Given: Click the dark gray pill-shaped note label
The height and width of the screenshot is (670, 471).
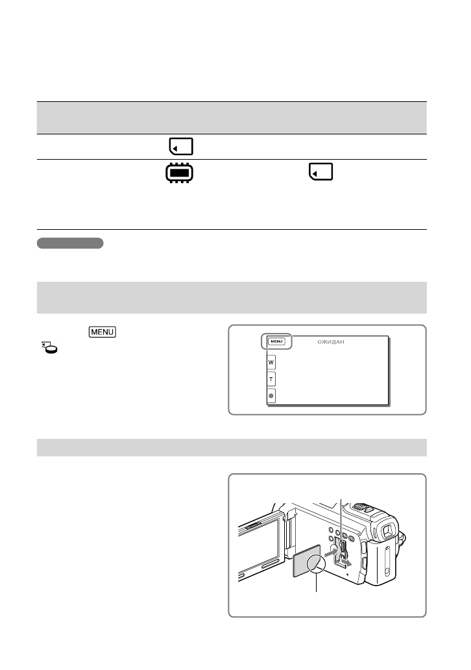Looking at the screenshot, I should [x=70, y=243].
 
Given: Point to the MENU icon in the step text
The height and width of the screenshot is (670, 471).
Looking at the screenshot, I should [x=102, y=332].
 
